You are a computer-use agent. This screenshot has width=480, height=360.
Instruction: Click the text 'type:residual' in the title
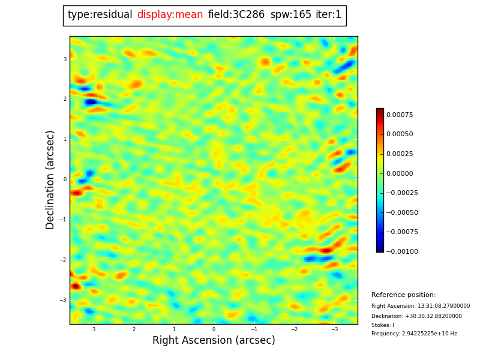(x=100, y=15)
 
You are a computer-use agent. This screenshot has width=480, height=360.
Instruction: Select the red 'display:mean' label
(x=170, y=15)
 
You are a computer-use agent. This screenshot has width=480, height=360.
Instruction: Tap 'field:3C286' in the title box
(x=236, y=15)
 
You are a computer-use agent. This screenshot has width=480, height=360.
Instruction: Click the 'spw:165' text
(x=291, y=15)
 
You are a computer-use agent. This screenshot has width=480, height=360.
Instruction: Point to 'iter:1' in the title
(x=329, y=15)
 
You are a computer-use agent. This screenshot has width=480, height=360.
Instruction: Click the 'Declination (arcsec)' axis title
(x=50, y=179)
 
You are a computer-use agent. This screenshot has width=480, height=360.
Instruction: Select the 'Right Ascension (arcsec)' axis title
(x=214, y=341)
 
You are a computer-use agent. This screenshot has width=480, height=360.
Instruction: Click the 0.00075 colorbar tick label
(x=400, y=115)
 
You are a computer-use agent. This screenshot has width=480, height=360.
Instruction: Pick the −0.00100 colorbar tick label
(x=401, y=251)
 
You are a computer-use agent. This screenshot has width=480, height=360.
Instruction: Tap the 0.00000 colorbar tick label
(x=400, y=173)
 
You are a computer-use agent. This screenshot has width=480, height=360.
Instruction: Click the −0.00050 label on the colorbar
(x=401, y=212)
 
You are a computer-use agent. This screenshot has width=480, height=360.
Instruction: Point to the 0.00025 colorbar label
(x=400, y=154)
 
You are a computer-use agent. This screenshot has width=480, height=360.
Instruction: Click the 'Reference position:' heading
(x=403, y=295)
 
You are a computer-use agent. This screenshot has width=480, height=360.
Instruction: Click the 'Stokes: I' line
(x=383, y=325)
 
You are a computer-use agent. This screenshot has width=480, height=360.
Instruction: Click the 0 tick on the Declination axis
(x=65, y=179)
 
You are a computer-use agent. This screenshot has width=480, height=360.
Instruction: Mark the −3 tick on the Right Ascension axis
(x=335, y=329)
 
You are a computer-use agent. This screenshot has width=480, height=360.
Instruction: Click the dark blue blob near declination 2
(x=91, y=102)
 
